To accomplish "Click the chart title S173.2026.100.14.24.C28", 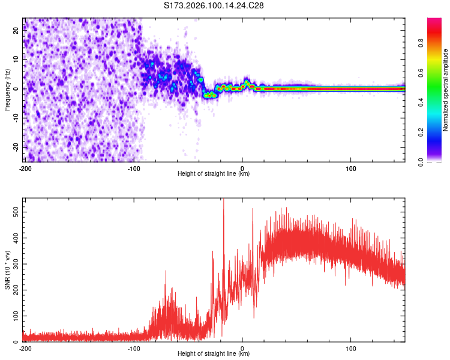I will coord(214,5).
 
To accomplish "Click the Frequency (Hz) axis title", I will coord(7,89).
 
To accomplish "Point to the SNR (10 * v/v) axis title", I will coord(7,269).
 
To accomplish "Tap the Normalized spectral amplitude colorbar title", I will coord(446,89).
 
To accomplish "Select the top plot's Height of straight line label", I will coord(214,173).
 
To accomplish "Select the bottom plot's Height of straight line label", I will coord(214,353).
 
